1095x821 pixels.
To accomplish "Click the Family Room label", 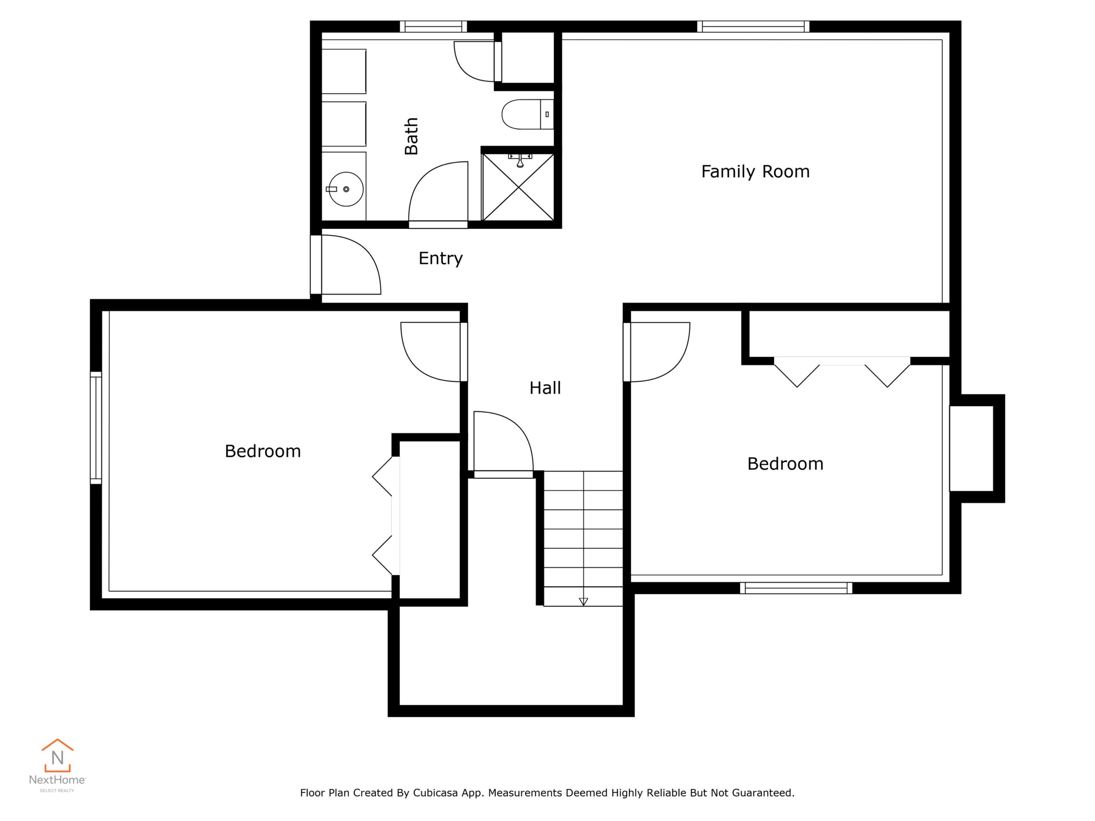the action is pos(755,172).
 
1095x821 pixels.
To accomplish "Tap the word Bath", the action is pos(411,136).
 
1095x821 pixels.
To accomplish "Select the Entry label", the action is pos(441,258).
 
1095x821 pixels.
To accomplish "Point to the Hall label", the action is pos(545,387).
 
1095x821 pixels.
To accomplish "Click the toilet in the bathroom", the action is pos(528,114).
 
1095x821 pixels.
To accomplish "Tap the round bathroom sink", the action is pos(346,189).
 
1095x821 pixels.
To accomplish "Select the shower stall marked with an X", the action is pos(518,187).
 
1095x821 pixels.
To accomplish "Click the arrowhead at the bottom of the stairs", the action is pos(583,601).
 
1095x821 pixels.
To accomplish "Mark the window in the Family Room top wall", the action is pos(753,26).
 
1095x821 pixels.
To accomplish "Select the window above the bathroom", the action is pos(433,26).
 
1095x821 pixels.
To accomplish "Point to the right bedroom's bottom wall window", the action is pos(796,588).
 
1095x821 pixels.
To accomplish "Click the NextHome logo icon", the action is pos(57,756).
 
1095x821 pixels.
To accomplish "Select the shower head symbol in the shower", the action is pos(520,160).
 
